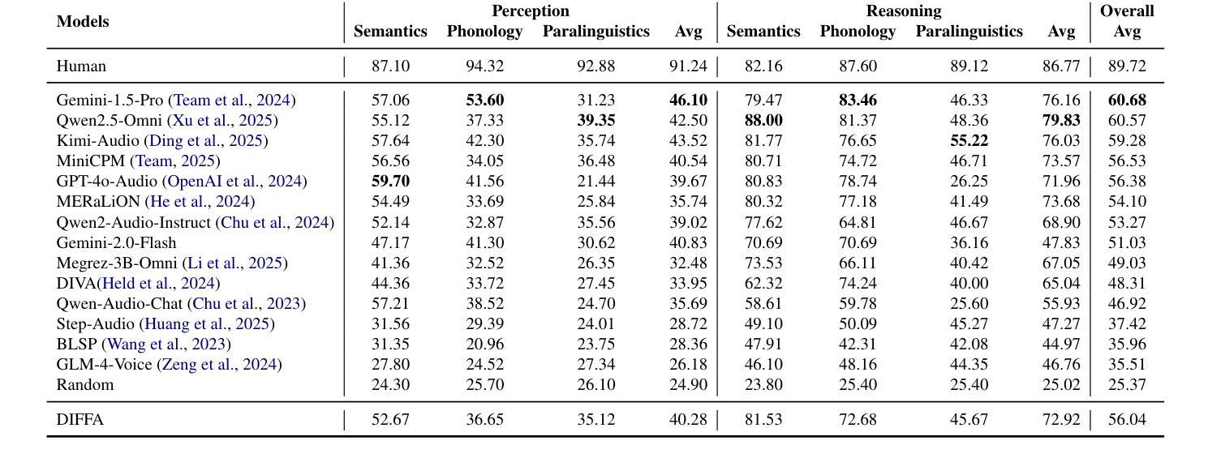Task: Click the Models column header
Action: click(x=83, y=22)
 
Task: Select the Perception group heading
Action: click(x=530, y=11)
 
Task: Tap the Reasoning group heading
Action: click(x=903, y=11)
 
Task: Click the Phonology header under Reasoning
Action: click(x=858, y=32)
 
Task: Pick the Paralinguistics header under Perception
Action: click(x=595, y=32)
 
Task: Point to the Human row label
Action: click(x=81, y=66)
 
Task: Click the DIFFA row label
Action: click(x=80, y=420)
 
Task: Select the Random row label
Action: click(x=84, y=385)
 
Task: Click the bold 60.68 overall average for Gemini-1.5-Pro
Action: click(x=1127, y=101)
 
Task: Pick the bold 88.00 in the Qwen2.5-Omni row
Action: click(x=763, y=121)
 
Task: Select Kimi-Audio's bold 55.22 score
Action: click(x=969, y=141)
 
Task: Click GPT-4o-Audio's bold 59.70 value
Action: click(x=390, y=182)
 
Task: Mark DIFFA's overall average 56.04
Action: click(x=1127, y=420)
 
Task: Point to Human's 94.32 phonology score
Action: click(x=484, y=66)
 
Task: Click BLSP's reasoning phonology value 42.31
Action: click(x=858, y=345)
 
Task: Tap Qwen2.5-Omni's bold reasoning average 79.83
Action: click(x=1061, y=121)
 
